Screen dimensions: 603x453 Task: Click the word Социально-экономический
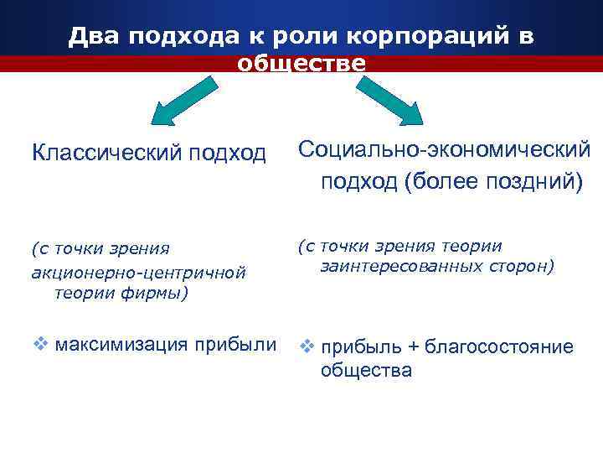444,149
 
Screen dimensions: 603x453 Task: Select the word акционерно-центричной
137,271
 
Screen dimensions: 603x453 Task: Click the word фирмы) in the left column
160,293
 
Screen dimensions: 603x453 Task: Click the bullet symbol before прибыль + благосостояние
307,346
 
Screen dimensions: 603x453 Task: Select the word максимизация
121,345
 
